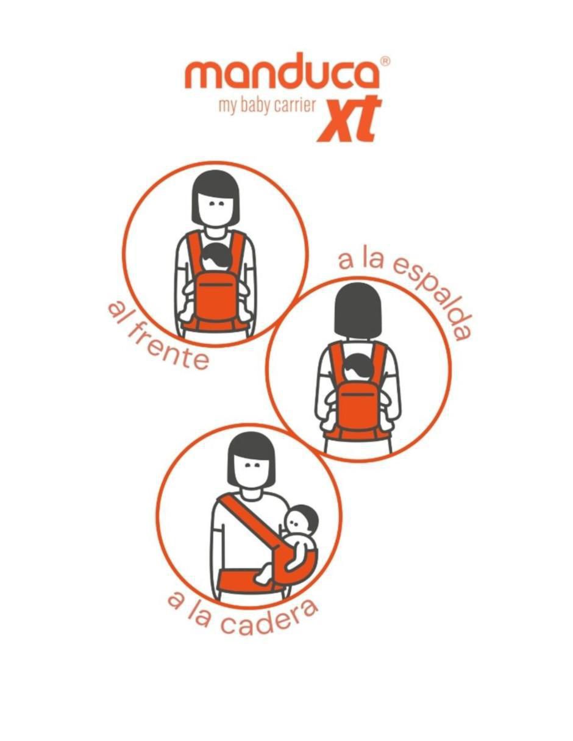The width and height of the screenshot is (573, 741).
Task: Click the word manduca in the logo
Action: pyautogui.click(x=282, y=71)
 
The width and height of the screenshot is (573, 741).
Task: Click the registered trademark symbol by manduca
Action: pyautogui.click(x=385, y=61)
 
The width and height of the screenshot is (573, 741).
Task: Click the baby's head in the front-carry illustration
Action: pyautogui.click(x=216, y=257)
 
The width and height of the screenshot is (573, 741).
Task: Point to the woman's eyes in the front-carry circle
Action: pyautogui.click(x=216, y=204)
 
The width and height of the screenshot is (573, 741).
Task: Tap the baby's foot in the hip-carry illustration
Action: pyautogui.click(x=263, y=576)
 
